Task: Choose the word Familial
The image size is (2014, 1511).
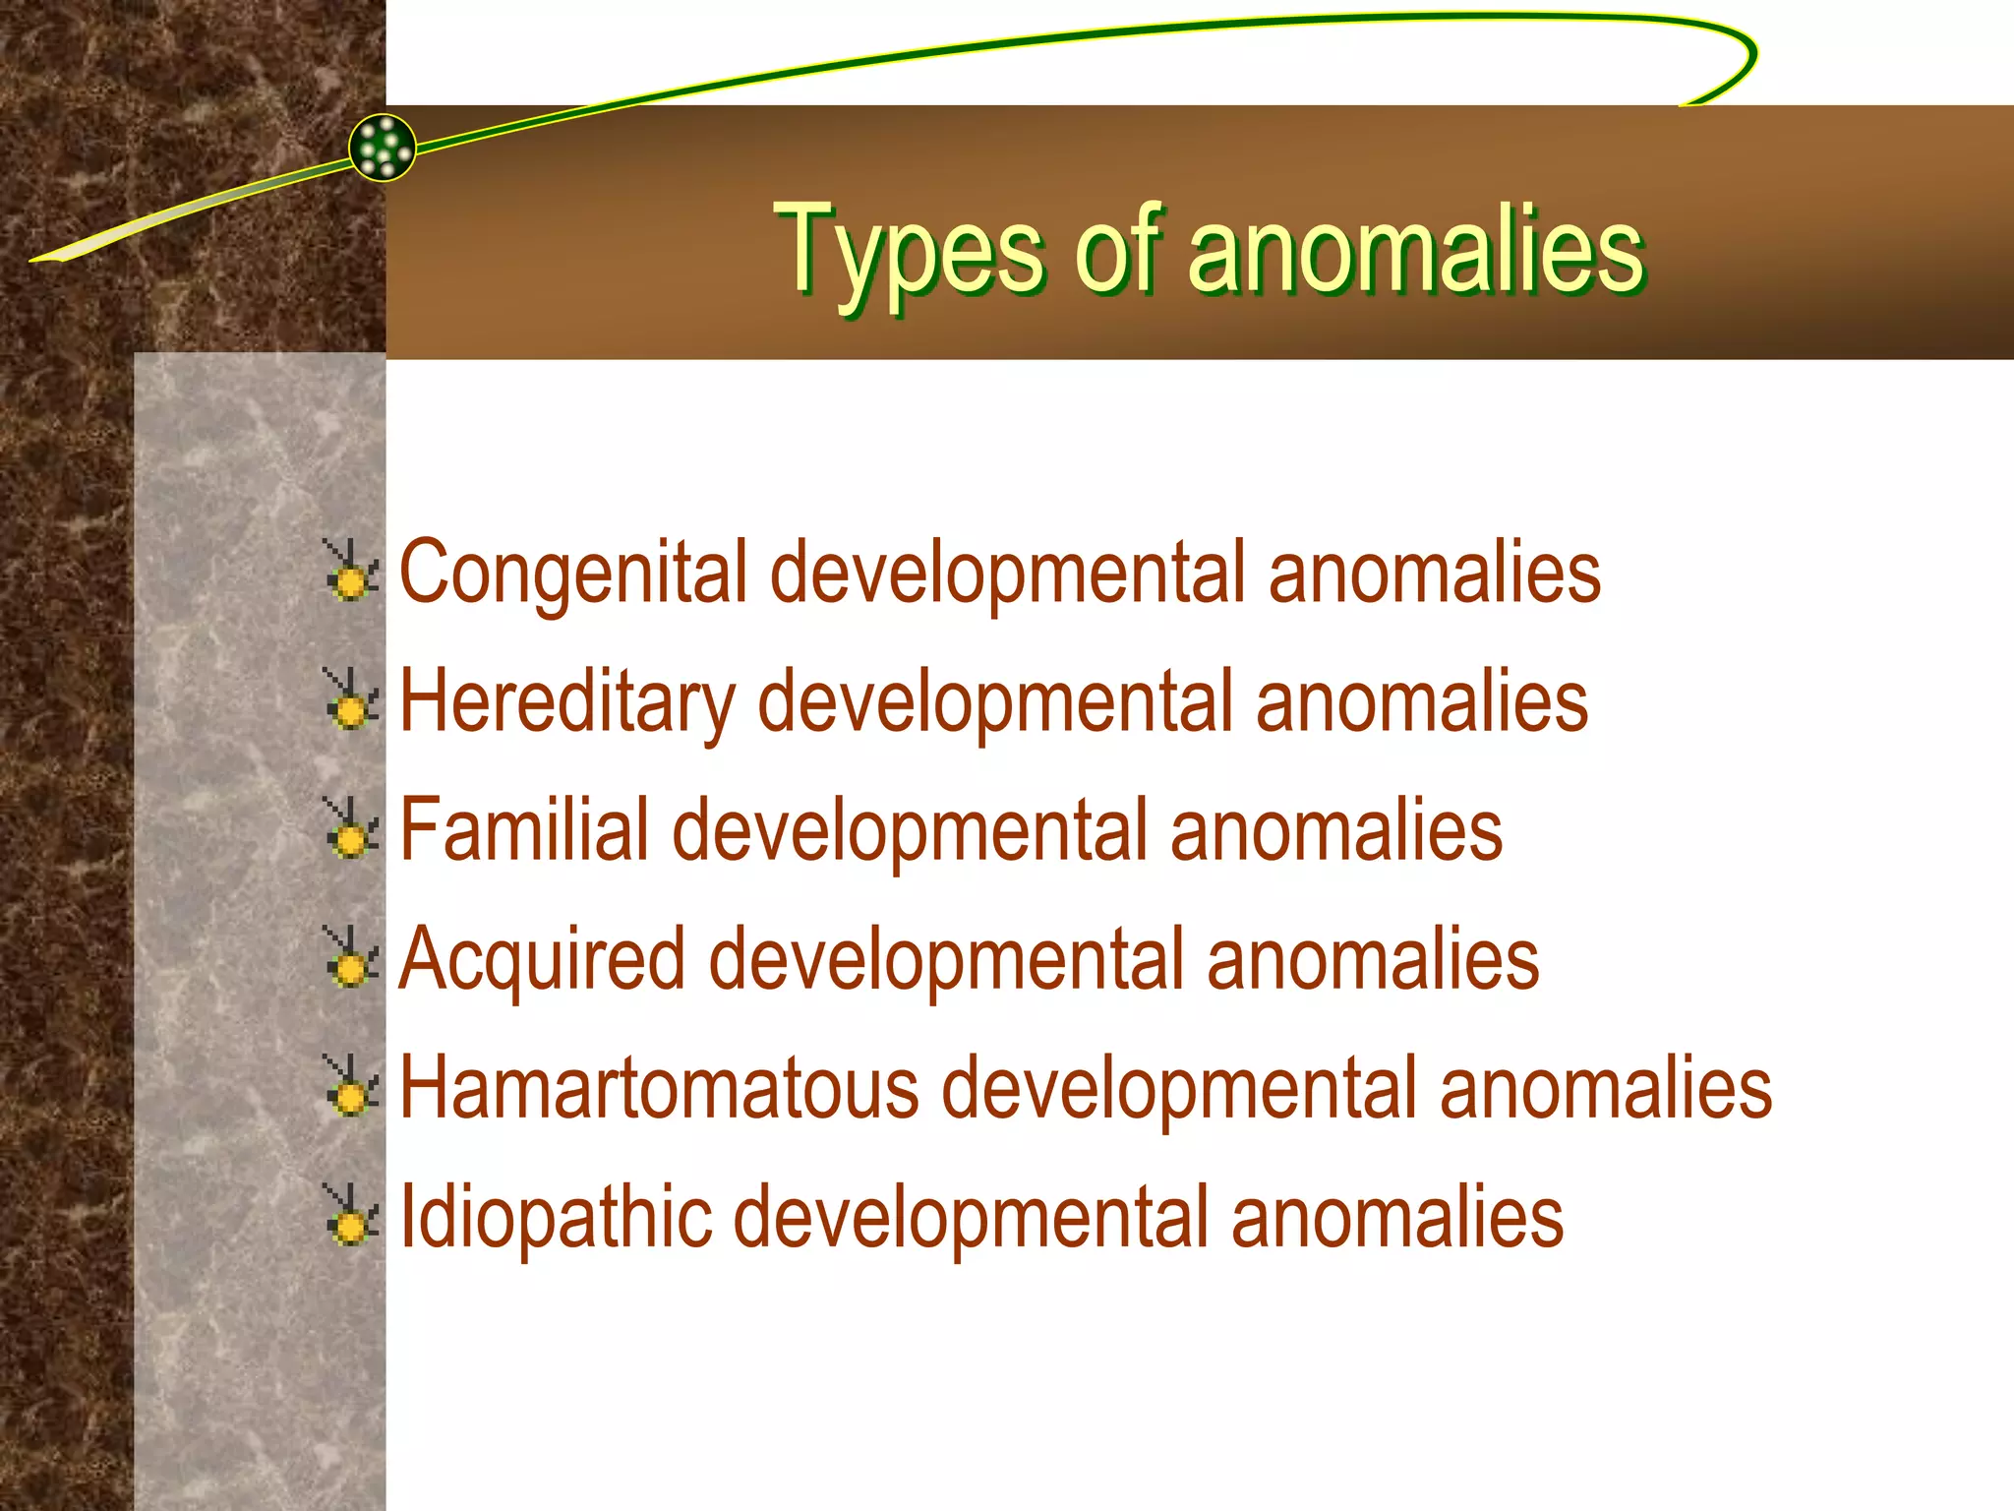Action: [x=524, y=830]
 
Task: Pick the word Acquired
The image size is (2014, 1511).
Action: [x=542, y=960]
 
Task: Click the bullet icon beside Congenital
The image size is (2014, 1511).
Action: [x=349, y=572]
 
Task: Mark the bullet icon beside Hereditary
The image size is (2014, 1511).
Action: [x=349, y=700]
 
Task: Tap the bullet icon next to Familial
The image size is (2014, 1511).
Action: [x=349, y=829]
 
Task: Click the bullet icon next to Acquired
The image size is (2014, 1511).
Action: [x=349, y=958]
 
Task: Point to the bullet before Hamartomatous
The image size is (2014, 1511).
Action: [x=349, y=1087]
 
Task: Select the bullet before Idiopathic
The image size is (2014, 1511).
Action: [x=349, y=1216]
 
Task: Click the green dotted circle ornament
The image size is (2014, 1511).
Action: [x=383, y=148]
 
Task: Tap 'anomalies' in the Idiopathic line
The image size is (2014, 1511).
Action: [x=1396, y=1218]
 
